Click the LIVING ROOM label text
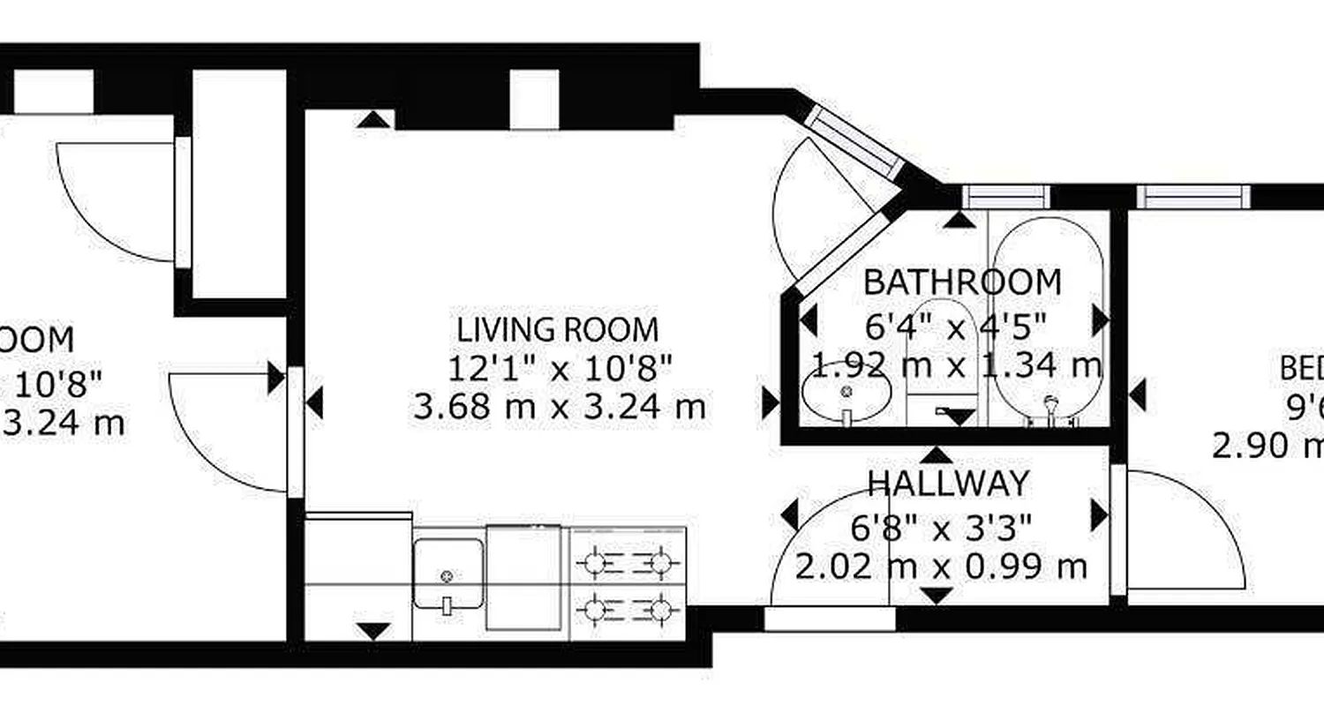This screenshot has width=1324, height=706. tap(557, 329)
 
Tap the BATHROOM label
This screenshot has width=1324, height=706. tap(961, 282)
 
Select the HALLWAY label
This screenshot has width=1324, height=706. tap(948, 484)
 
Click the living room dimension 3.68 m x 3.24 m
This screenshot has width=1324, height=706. tap(560, 407)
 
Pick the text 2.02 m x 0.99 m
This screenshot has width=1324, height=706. tap(941, 567)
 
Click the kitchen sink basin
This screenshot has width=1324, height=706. tap(448, 574)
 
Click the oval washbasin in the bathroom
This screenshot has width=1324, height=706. tap(846, 392)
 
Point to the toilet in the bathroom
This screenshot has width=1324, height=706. tap(941, 353)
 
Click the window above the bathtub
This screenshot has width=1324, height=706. tap(1005, 197)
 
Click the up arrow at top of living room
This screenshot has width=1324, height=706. tap(375, 119)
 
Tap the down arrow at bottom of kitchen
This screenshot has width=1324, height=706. tap(375, 630)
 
